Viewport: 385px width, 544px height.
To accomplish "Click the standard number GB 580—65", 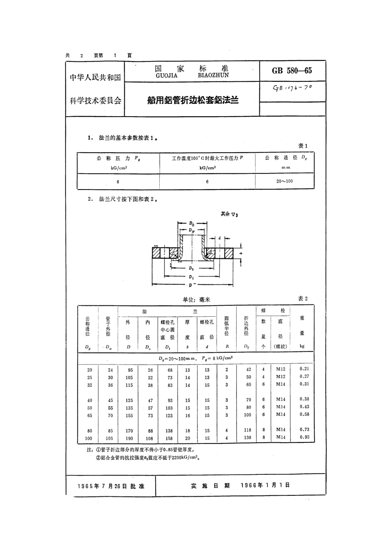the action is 292,70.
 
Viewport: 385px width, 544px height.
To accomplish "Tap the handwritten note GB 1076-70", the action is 292,88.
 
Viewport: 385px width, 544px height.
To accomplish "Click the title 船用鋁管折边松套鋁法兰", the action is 192,100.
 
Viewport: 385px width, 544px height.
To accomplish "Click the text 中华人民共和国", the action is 95,77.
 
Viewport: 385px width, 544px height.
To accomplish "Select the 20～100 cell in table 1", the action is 284,181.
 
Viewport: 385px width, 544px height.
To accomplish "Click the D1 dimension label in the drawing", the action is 191,277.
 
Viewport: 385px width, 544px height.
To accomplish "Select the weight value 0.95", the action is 304,437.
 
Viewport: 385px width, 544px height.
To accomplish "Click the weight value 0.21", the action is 304,369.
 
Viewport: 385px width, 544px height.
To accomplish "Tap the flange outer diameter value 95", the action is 129,370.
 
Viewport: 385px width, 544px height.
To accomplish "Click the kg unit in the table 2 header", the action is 302,346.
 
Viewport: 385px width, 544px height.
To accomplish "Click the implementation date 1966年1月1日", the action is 265,485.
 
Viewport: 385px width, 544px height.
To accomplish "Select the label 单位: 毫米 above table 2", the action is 196,299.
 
